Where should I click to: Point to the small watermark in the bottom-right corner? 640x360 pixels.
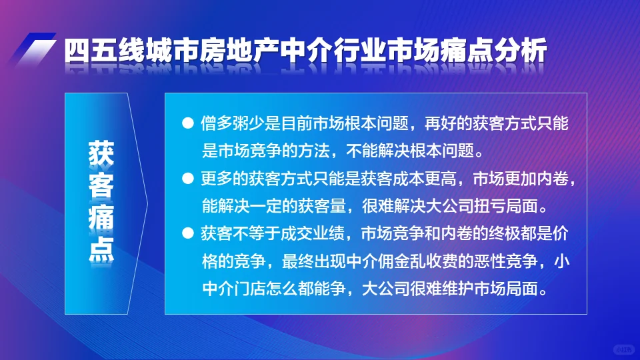(623, 349)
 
